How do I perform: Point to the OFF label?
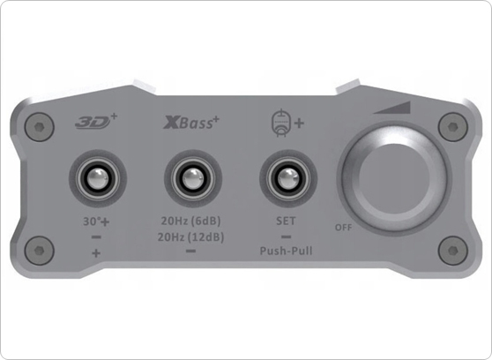click(344, 226)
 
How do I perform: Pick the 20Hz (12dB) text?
click(190, 237)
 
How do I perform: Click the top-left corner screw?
click(35, 126)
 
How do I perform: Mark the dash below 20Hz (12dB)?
click(190, 251)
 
